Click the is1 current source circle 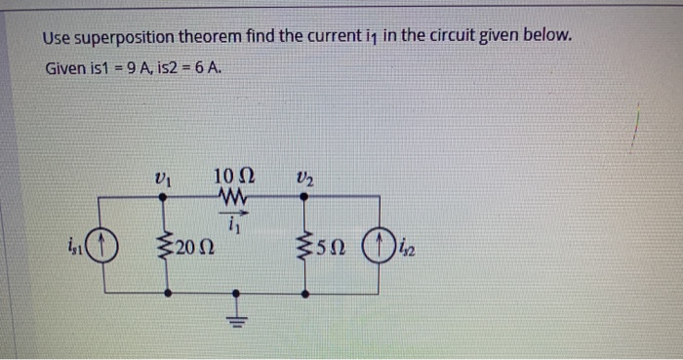coord(108,242)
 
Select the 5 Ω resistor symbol coord(305,243)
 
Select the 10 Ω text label coord(234,177)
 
